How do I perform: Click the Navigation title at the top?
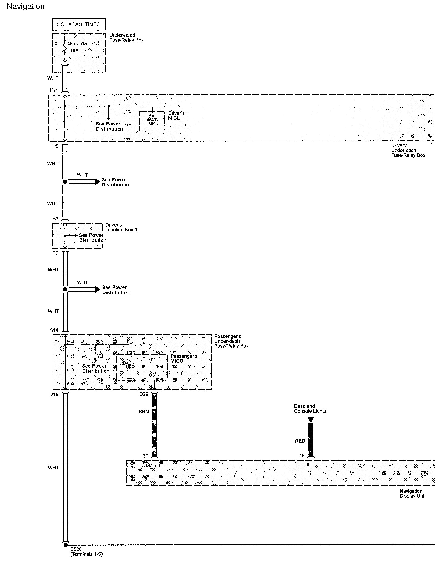click(25, 7)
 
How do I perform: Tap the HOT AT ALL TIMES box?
click(79, 24)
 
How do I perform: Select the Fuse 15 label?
click(78, 44)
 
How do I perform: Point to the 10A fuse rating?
click(74, 51)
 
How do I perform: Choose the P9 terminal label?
click(55, 146)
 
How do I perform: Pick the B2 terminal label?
click(55, 219)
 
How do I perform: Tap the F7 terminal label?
click(55, 253)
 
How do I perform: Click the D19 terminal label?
click(54, 394)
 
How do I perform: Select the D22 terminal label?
click(144, 394)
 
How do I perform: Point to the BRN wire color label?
click(144, 412)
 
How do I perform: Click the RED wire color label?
click(300, 441)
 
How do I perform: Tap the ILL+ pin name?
click(311, 465)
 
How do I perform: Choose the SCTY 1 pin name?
click(153, 465)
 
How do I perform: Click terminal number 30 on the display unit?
click(145, 456)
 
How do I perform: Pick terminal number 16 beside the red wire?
click(302, 456)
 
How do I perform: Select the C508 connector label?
click(76, 549)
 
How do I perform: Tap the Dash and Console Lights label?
click(310, 409)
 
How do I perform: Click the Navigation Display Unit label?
click(412, 494)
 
